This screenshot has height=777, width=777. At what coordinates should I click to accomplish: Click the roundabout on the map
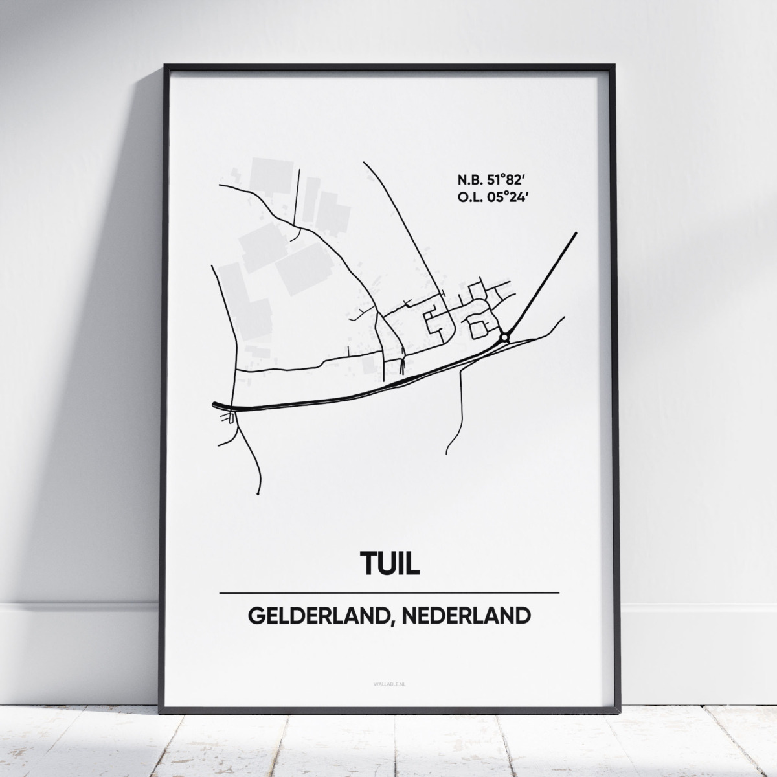504,337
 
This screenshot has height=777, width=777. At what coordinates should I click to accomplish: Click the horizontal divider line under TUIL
389,592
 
